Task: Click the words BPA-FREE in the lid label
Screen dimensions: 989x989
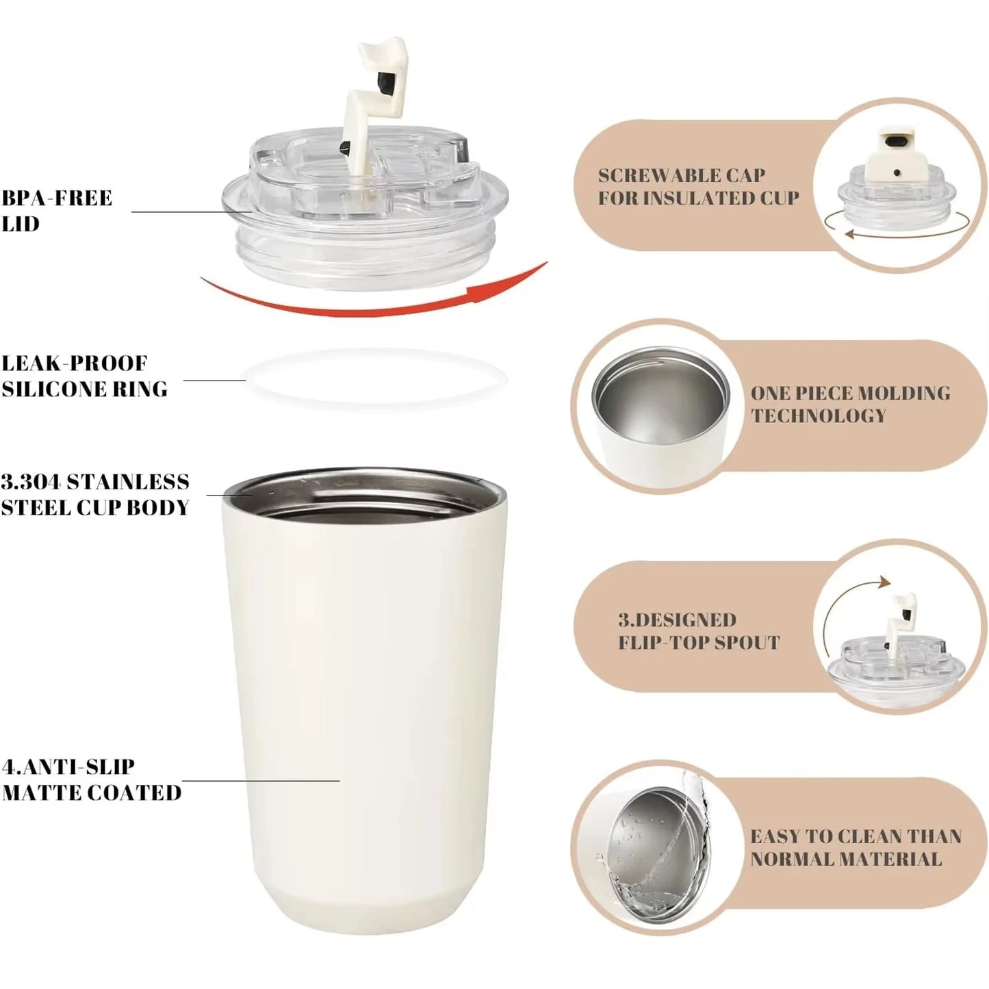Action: point(56,198)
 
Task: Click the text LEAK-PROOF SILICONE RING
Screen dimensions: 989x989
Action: point(84,376)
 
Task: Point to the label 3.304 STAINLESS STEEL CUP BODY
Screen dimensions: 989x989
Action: point(94,494)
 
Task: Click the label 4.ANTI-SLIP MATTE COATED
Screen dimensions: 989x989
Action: point(91,780)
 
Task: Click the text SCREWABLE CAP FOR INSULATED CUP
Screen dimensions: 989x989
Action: point(698,186)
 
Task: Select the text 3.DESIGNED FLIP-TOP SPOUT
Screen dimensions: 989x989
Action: point(698,631)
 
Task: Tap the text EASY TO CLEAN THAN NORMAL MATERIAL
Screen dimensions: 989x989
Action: point(856,847)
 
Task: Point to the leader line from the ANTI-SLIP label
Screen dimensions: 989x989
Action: point(260,780)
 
